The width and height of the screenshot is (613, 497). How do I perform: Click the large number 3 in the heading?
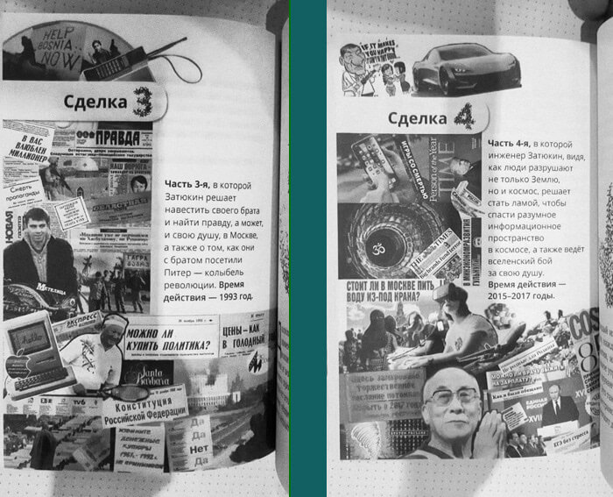coord(141,103)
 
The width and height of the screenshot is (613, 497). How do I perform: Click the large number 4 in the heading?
coord(465,117)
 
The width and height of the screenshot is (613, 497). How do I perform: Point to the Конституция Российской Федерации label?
coord(144,411)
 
